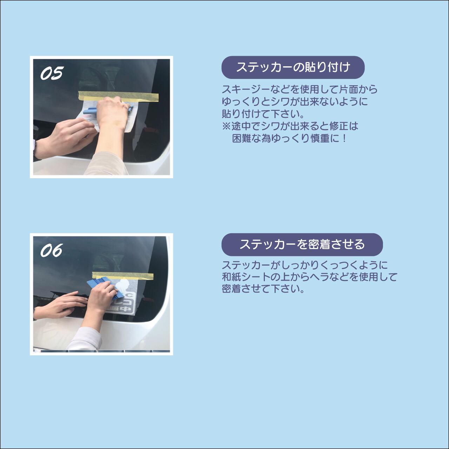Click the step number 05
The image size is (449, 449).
tap(51, 73)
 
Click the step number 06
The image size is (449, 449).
tap(51, 250)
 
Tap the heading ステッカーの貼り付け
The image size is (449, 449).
tap(293, 67)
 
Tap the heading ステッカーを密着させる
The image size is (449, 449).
tap(302, 244)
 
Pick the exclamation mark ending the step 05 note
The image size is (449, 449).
tap(344, 139)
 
